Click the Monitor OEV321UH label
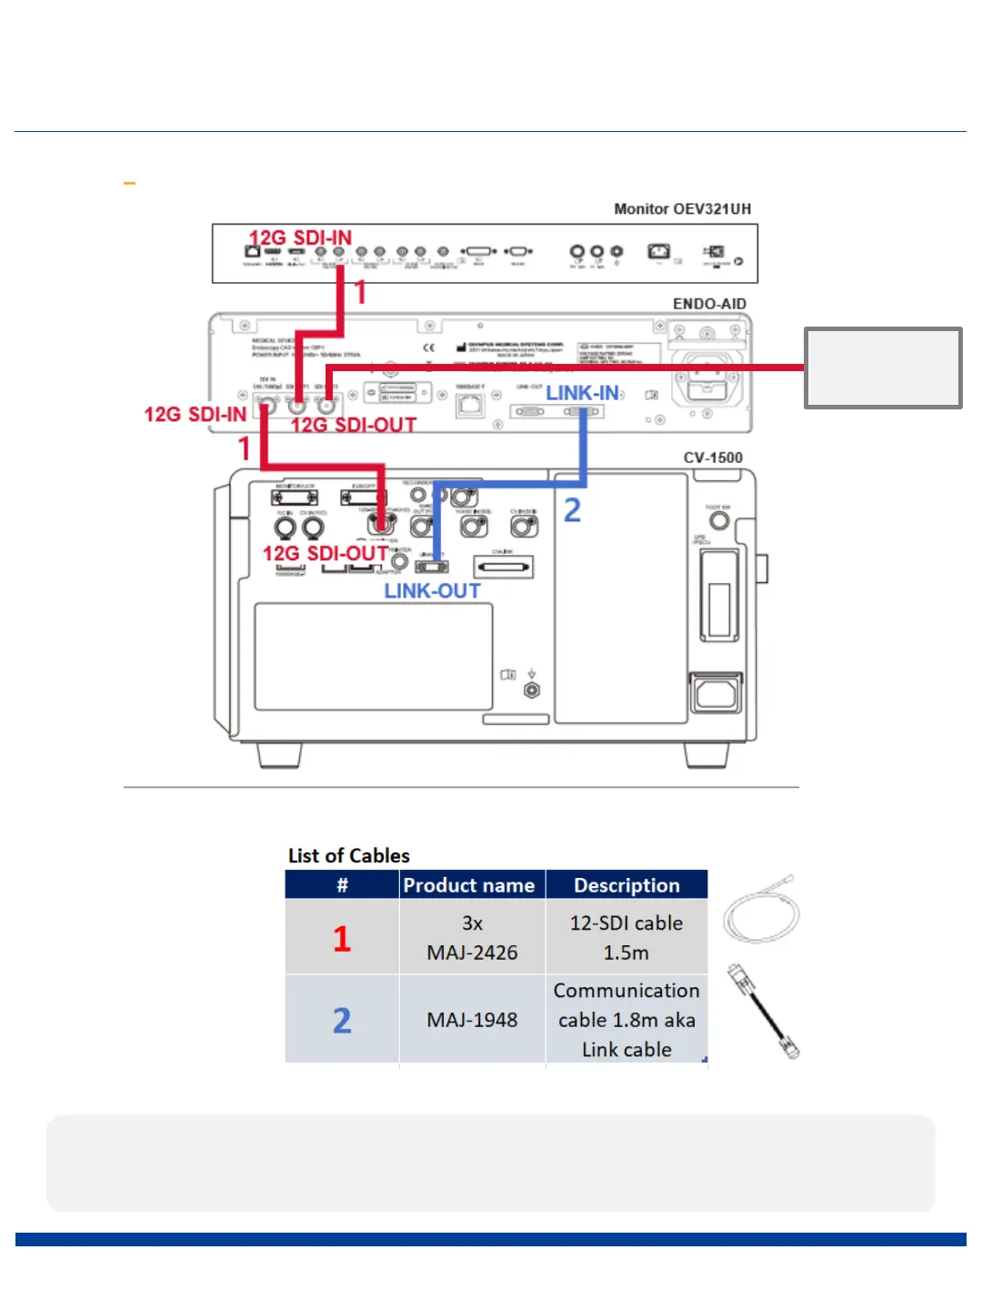(x=682, y=209)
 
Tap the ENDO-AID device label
(x=709, y=304)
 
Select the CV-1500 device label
(x=713, y=458)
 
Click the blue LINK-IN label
(x=582, y=393)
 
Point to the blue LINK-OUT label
(x=432, y=591)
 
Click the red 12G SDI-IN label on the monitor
(x=300, y=237)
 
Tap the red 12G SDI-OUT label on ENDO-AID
(x=354, y=425)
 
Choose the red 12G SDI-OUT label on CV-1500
(x=326, y=553)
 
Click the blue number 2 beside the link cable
(x=572, y=510)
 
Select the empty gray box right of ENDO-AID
(x=883, y=368)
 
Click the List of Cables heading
(x=349, y=856)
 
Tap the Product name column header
(x=469, y=885)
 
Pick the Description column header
(x=626, y=885)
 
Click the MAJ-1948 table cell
(x=472, y=1020)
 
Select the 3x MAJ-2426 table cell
(x=472, y=938)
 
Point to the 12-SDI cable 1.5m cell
(x=626, y=938)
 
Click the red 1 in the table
(x=342, y=939)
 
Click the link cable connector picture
(x=763, y=1012)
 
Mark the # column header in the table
(x=342, y=885)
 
